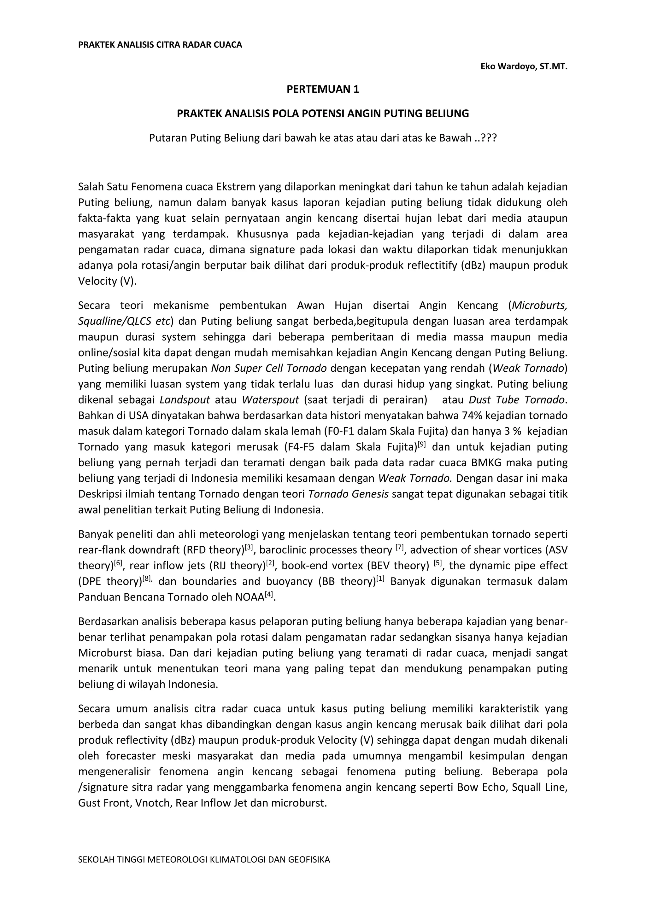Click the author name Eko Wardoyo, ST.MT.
(524, 67)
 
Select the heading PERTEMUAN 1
(323, 90)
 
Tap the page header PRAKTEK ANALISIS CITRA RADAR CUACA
(160, 44)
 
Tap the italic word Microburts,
(539, 305)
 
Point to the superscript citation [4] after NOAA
(270, 595)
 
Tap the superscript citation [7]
(400, 548)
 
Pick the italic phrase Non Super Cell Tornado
(269, 368)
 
